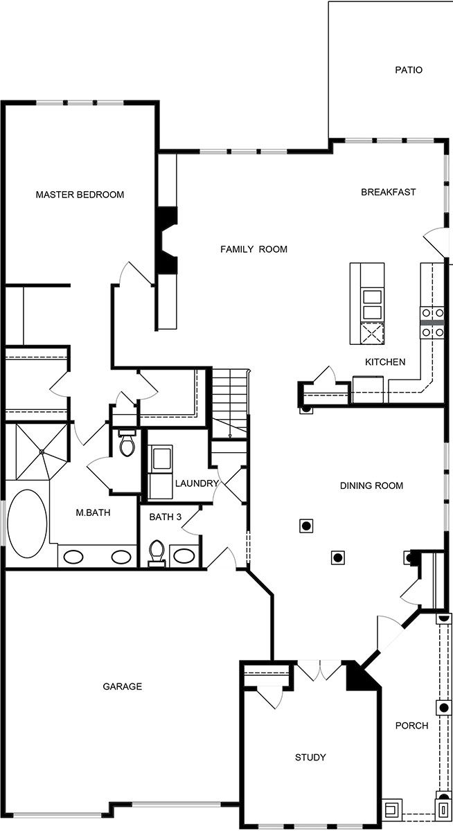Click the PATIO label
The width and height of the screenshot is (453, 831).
[x=409, y=70]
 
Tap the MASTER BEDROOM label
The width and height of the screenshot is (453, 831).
[x=80, y=195]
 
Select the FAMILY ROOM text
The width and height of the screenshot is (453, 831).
[x=254, y=249]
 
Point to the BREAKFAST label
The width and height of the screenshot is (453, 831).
[x=389, y=192]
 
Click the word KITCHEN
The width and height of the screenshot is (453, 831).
[x=385, y=361]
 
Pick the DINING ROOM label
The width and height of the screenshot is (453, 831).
[x=371, y=485]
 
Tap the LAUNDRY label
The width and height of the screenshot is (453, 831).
[x=197, y=483]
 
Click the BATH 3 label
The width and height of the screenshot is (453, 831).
[x=166, y=516]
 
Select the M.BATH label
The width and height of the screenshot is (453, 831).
[x=93, y=513]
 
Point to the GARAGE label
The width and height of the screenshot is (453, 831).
[x=122, y=686]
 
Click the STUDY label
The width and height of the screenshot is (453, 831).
[x=310, y=757]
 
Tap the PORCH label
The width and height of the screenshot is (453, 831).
[x=411, y=726]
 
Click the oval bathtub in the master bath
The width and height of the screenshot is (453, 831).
[x=27, y=524]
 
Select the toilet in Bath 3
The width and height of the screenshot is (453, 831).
[x=157, y=553]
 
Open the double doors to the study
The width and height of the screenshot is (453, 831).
[x=319, y=670]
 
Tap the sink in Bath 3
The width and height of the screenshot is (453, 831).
[x=184, y=555]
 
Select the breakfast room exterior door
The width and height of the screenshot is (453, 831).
[x=436, y=241]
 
